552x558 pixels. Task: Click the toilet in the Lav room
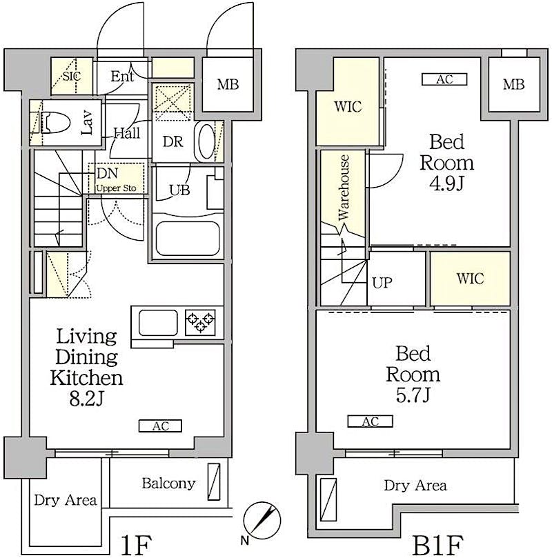click(x=55, y=123)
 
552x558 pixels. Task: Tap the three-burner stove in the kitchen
click(x=200, y=322)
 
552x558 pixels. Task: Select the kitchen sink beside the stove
click(x=158, y=322)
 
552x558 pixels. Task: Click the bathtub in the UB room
click(x=188, y=239)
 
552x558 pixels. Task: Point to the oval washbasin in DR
click(x=206, y=142)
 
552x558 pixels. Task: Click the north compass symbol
click(x=262, y=520)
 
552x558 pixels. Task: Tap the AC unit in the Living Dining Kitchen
click(x=160, y=426)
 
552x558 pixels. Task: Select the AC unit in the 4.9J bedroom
click(x=444, y=79)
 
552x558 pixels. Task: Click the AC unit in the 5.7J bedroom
click(x=370, y=421)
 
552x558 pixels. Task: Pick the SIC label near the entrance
click(x=72, y=76)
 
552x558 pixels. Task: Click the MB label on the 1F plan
click(x=228, y=84)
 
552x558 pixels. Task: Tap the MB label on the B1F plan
click(x=513, y=84)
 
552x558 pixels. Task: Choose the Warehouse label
click(x=344, y=187)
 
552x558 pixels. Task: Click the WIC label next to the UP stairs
click(x=470, y=278)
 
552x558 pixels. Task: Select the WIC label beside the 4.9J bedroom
click(x=348, y=106)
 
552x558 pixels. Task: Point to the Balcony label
click(x=168, y=484)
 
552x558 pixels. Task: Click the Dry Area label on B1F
click(x=415, y=486)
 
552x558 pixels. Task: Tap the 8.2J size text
click(x=86, y=399)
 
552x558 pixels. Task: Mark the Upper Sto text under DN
click(x=116, y=188)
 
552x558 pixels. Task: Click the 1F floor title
click(x=137, y=545)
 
